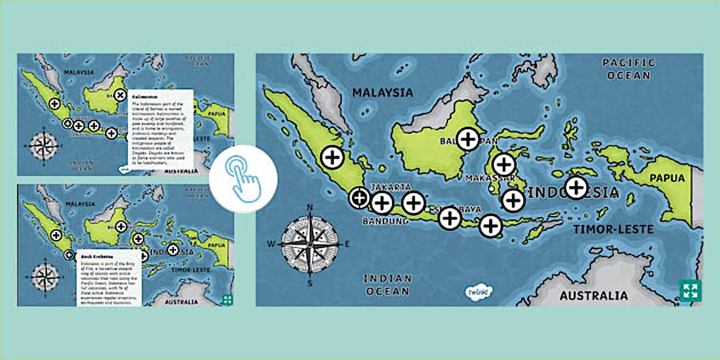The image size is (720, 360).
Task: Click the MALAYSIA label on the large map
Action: tap(382, 93)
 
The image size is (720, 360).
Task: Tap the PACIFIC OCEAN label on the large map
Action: tap(629, 69)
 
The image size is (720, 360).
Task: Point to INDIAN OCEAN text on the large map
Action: tap(387, 285)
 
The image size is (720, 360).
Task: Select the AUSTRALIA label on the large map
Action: tap(593, 296)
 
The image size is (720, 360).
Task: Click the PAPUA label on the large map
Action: tap(666, 178)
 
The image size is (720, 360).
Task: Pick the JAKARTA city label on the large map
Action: tap(391, 187)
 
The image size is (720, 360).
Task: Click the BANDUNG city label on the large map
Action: tap(386, 221)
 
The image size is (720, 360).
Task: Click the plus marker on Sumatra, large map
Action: tap(331, 157)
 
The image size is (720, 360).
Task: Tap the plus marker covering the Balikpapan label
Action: tap(468, 139)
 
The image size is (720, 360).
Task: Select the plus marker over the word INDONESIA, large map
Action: tap(576, 187)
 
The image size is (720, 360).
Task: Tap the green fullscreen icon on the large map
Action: tap(690, 290)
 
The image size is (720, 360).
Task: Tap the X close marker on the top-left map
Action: tap(119, 95)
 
